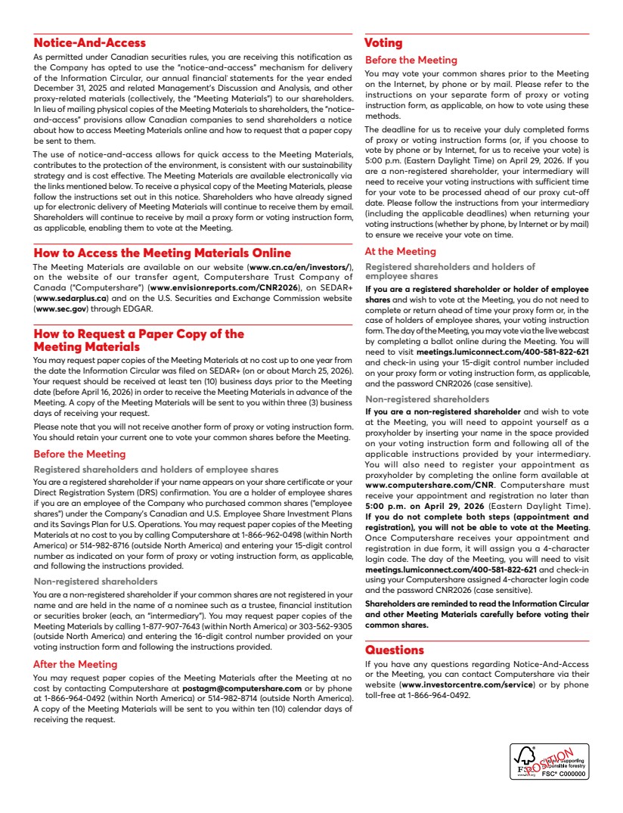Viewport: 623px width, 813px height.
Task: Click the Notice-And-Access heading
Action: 90,43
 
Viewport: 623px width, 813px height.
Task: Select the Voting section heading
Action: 383,43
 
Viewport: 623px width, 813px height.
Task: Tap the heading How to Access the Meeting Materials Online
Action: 162,253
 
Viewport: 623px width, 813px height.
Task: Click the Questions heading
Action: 394,650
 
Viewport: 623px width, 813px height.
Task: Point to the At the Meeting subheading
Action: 400,252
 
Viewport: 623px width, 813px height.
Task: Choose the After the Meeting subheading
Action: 75,664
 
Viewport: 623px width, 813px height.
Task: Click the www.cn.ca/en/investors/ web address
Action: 299,268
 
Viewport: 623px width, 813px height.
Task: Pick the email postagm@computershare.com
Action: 242,689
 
